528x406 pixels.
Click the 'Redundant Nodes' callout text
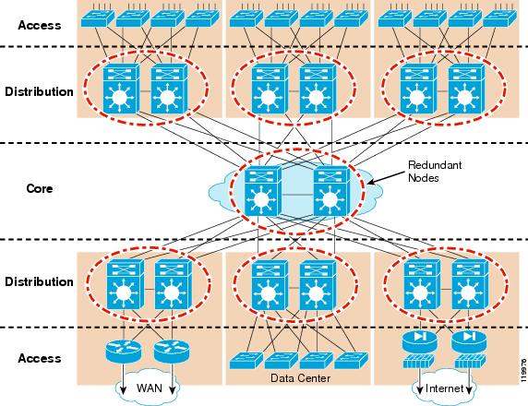click(x=435, y=172)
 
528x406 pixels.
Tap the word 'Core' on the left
click(x=40, y=188)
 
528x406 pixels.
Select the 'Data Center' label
click(x=300, y=378)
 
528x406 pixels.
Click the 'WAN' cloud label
click(x=150, y=388)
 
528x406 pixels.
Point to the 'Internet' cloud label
click(x=445, y=388)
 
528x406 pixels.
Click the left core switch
click(x=263, y=191)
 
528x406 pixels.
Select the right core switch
click(x=331, y=191)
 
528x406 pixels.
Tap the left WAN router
click(x=124, y=352)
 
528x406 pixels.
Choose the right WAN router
click(x=172, y=352)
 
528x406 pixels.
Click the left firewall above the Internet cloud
click(x=420, y=361)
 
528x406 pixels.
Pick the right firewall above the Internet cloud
click(x=470, y=361)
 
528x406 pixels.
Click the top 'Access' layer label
click(x=40, y=25)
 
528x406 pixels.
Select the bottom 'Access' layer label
click(x=40, y=358)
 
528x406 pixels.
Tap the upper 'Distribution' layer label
click(x=39, y=91)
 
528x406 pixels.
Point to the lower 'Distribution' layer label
click(x=39, y=281)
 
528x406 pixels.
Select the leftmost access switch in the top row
click(x=98, y=18)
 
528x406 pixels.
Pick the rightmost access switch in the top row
click(x=499, y=18)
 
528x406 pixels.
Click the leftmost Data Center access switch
click(x=246, y=361)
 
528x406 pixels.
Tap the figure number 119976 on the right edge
click(x=523, y=369)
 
